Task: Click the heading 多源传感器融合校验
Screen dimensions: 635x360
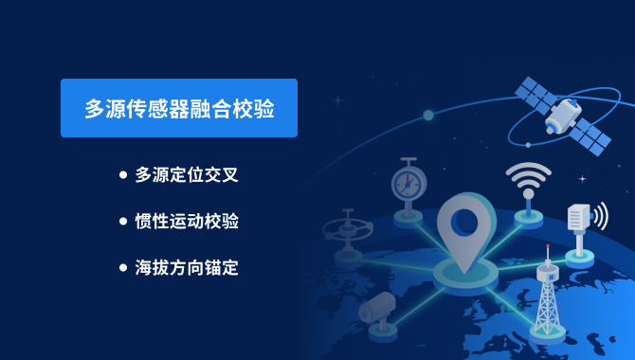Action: coord(179,108)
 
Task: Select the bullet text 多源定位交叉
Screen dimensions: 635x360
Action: coord(187,175)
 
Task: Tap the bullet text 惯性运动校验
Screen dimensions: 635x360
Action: coord(187,221)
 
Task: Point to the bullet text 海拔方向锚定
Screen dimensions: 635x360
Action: coord(187,268)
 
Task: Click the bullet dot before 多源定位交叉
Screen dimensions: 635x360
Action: coord(123,175)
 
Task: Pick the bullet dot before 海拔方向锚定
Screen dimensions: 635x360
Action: coord(123,268)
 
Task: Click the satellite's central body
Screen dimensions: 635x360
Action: coord(563,116)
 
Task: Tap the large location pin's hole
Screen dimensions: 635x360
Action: coord(465,221)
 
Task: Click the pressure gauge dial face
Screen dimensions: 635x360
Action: coord(408,184)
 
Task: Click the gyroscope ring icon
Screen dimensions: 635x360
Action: coord(348,229)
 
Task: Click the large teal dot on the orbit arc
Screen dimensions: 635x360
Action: coord(428,116)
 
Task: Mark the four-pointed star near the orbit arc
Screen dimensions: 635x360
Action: coord(338,100)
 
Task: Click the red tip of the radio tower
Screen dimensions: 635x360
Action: coord(548,245)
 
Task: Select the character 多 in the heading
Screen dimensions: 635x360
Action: coord(95,109)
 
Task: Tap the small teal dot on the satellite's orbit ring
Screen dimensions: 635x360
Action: coord(528,145)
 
